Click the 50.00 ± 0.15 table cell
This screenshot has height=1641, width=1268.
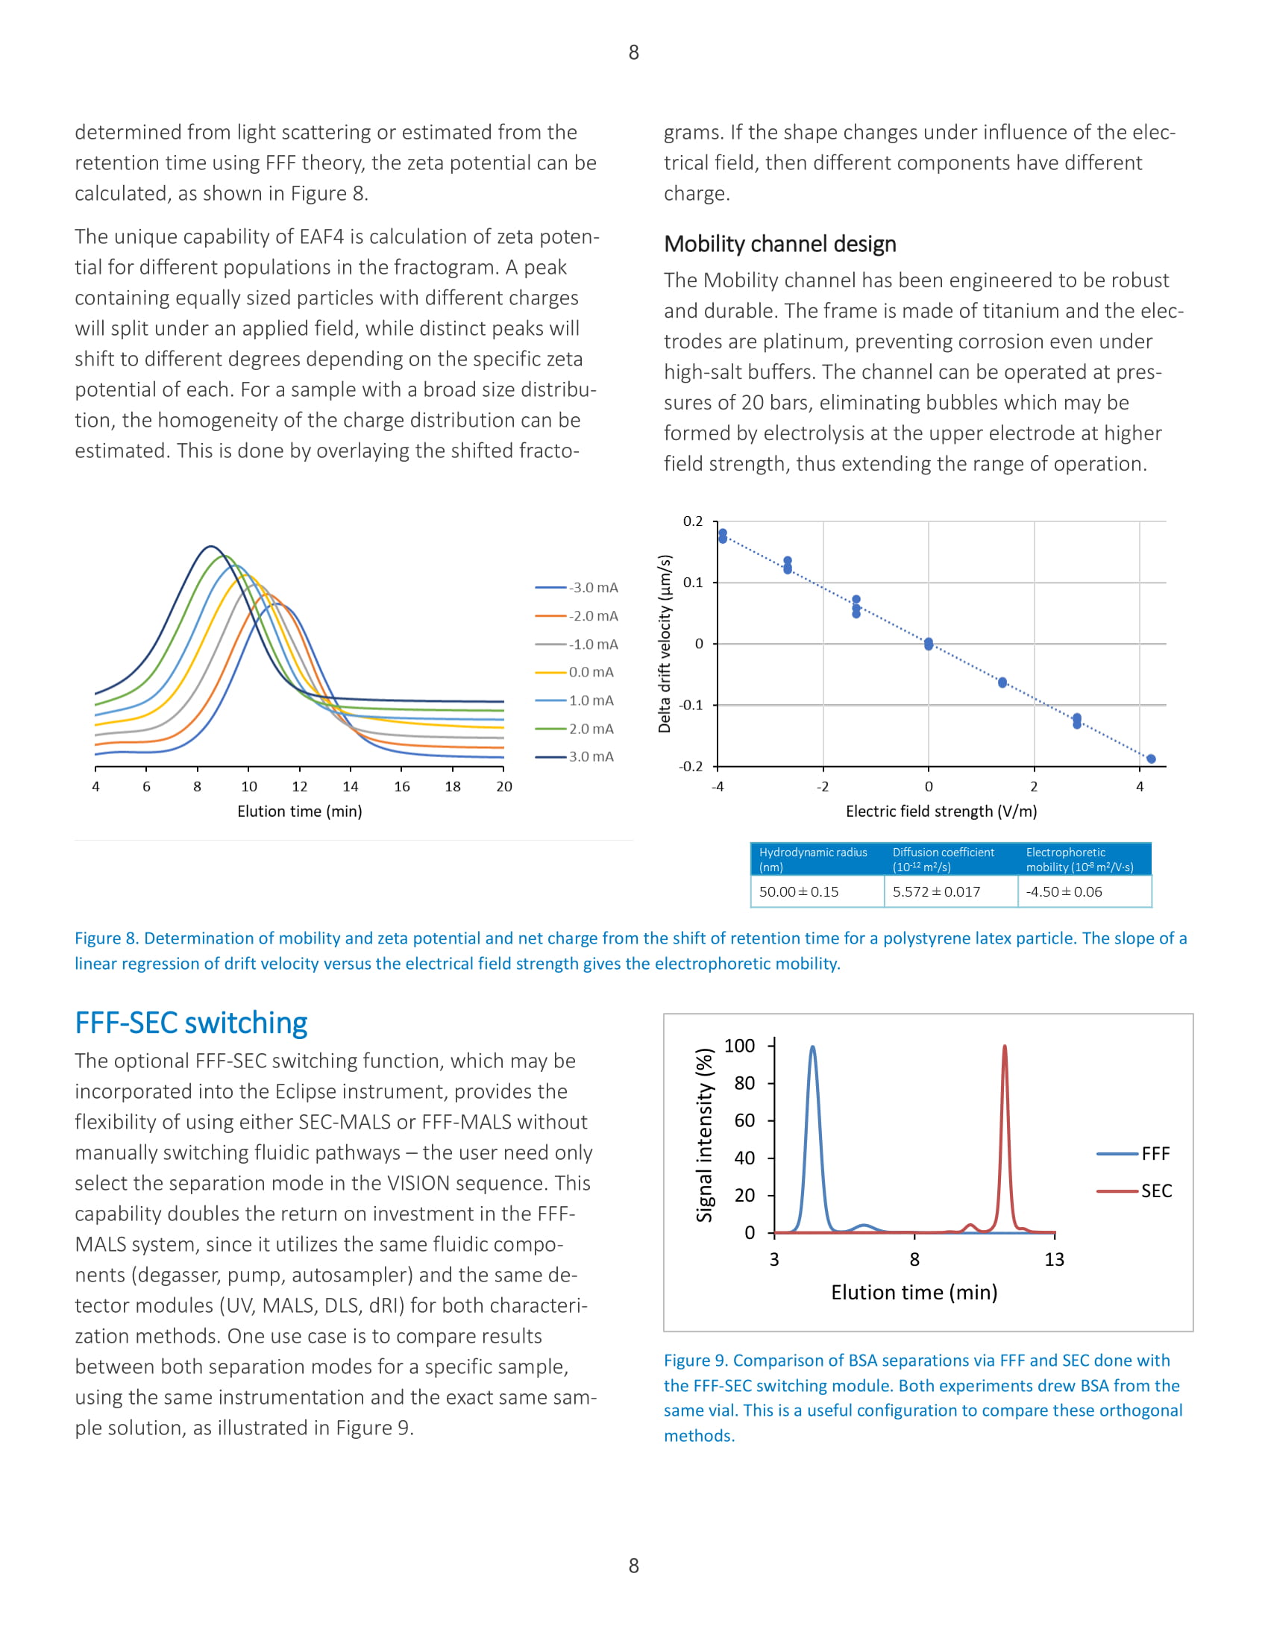(799, 892)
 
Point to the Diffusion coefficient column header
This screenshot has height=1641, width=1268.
(943, 859)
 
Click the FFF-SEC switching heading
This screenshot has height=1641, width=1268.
(191, 1023)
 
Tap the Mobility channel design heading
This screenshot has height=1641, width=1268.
(779, 244)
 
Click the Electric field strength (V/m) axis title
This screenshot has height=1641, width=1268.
(941, 812)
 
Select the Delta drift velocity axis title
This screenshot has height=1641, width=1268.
(665, 643)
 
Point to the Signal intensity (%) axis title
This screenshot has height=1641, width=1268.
(704, 1135)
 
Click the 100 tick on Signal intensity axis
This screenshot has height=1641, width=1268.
(739, 1046)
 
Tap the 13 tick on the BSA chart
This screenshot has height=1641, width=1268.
(1054, 1259)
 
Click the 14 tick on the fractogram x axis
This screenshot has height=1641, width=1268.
(350, 787)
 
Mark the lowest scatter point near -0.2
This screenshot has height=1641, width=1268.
(1151, 759)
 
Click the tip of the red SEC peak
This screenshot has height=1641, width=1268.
(1005, 1046)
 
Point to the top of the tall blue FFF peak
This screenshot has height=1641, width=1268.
(812, 1047)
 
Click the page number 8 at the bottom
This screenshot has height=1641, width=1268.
(633, 1565)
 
